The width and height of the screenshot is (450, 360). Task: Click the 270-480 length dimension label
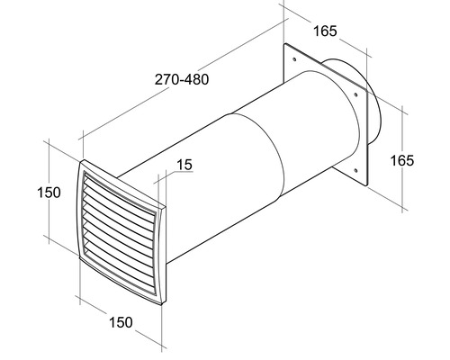[x=182, y=80]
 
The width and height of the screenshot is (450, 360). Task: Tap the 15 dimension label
[x=185, y=165]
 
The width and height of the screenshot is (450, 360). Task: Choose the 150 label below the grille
[x=121, y=321]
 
